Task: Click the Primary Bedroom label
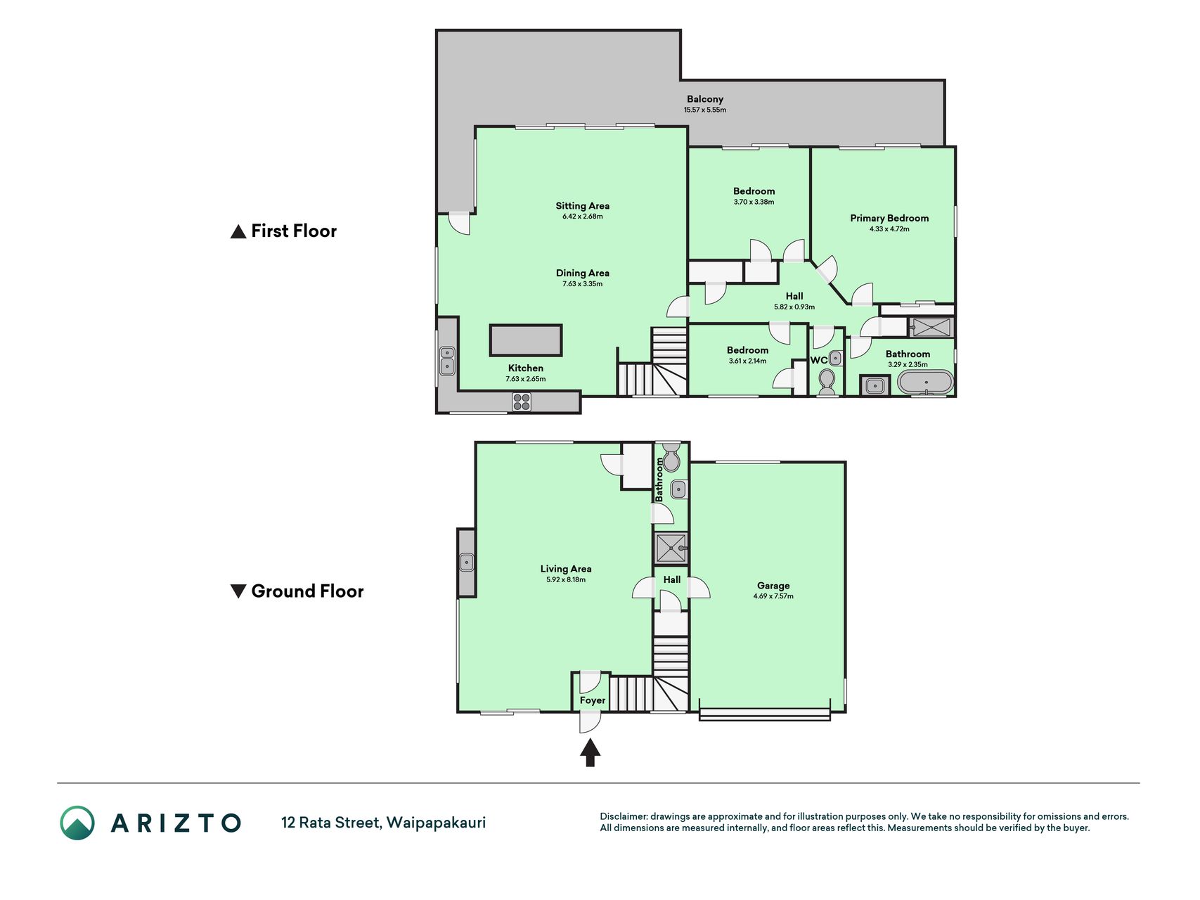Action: point(889,218)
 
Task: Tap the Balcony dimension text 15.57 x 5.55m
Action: point(705,110)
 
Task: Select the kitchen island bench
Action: point(526,340)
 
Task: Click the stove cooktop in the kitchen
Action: point(522,401)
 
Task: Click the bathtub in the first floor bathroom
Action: point(927,383)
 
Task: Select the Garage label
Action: point(773,586)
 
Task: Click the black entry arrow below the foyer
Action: point(590,752)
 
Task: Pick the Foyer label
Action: point(593,700)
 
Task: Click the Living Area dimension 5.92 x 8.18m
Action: point(566,580)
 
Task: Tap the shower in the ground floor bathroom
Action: point(671,548)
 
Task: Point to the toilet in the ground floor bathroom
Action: point(671,458)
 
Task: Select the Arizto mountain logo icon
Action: point(77,823)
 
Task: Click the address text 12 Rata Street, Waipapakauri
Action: point(383,823)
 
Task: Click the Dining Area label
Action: point(583,273)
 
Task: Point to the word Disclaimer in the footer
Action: point(623,816)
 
